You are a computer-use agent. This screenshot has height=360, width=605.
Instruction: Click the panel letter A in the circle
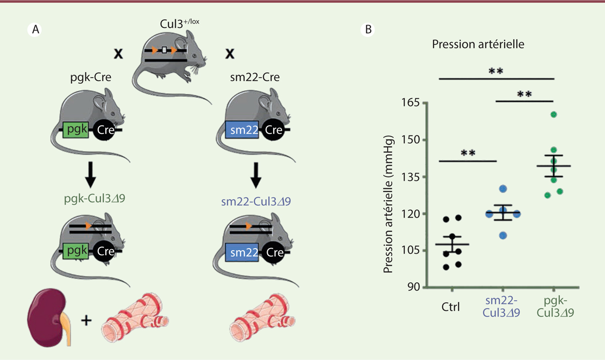pos(35,30)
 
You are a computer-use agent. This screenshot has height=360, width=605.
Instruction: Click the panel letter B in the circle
pos(369,30)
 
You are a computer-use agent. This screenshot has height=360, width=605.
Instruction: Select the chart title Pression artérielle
pos(478,44)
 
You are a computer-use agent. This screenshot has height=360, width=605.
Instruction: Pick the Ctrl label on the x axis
pos(450,306)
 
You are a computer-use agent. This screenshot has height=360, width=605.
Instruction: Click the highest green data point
pos(554,114)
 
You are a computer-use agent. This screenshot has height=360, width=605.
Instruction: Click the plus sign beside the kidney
pos(87,320)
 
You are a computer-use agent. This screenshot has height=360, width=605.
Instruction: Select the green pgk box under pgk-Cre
pos(76,132)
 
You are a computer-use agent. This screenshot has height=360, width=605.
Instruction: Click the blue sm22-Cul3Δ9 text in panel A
pos(256,202)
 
